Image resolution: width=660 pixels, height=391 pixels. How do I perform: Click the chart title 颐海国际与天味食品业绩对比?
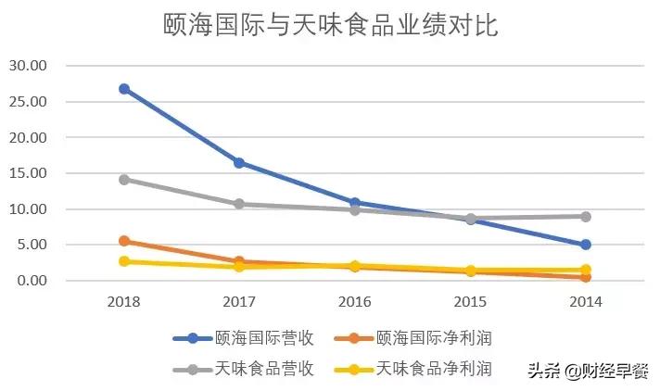(330, 25)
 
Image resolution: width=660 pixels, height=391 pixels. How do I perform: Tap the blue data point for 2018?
(124, 89)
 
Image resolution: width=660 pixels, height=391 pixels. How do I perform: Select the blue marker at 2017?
(239, 163)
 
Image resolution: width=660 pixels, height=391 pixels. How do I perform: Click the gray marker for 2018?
(124, 180)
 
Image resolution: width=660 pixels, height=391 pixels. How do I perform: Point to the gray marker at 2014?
(586, 217)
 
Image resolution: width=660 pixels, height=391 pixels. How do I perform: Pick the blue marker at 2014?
(586, 245)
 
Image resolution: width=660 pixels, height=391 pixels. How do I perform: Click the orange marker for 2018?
(124, 241)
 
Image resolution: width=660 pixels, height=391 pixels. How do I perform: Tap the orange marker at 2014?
(586, 277)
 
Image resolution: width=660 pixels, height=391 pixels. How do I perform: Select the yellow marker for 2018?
(124, 261)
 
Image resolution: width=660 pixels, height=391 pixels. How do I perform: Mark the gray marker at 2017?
(239, 204)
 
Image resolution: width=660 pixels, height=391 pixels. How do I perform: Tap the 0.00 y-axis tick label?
(32, 281)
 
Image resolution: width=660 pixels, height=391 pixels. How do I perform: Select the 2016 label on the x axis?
(355, 302)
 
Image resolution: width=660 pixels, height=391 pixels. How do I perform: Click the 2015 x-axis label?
(470, 302)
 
